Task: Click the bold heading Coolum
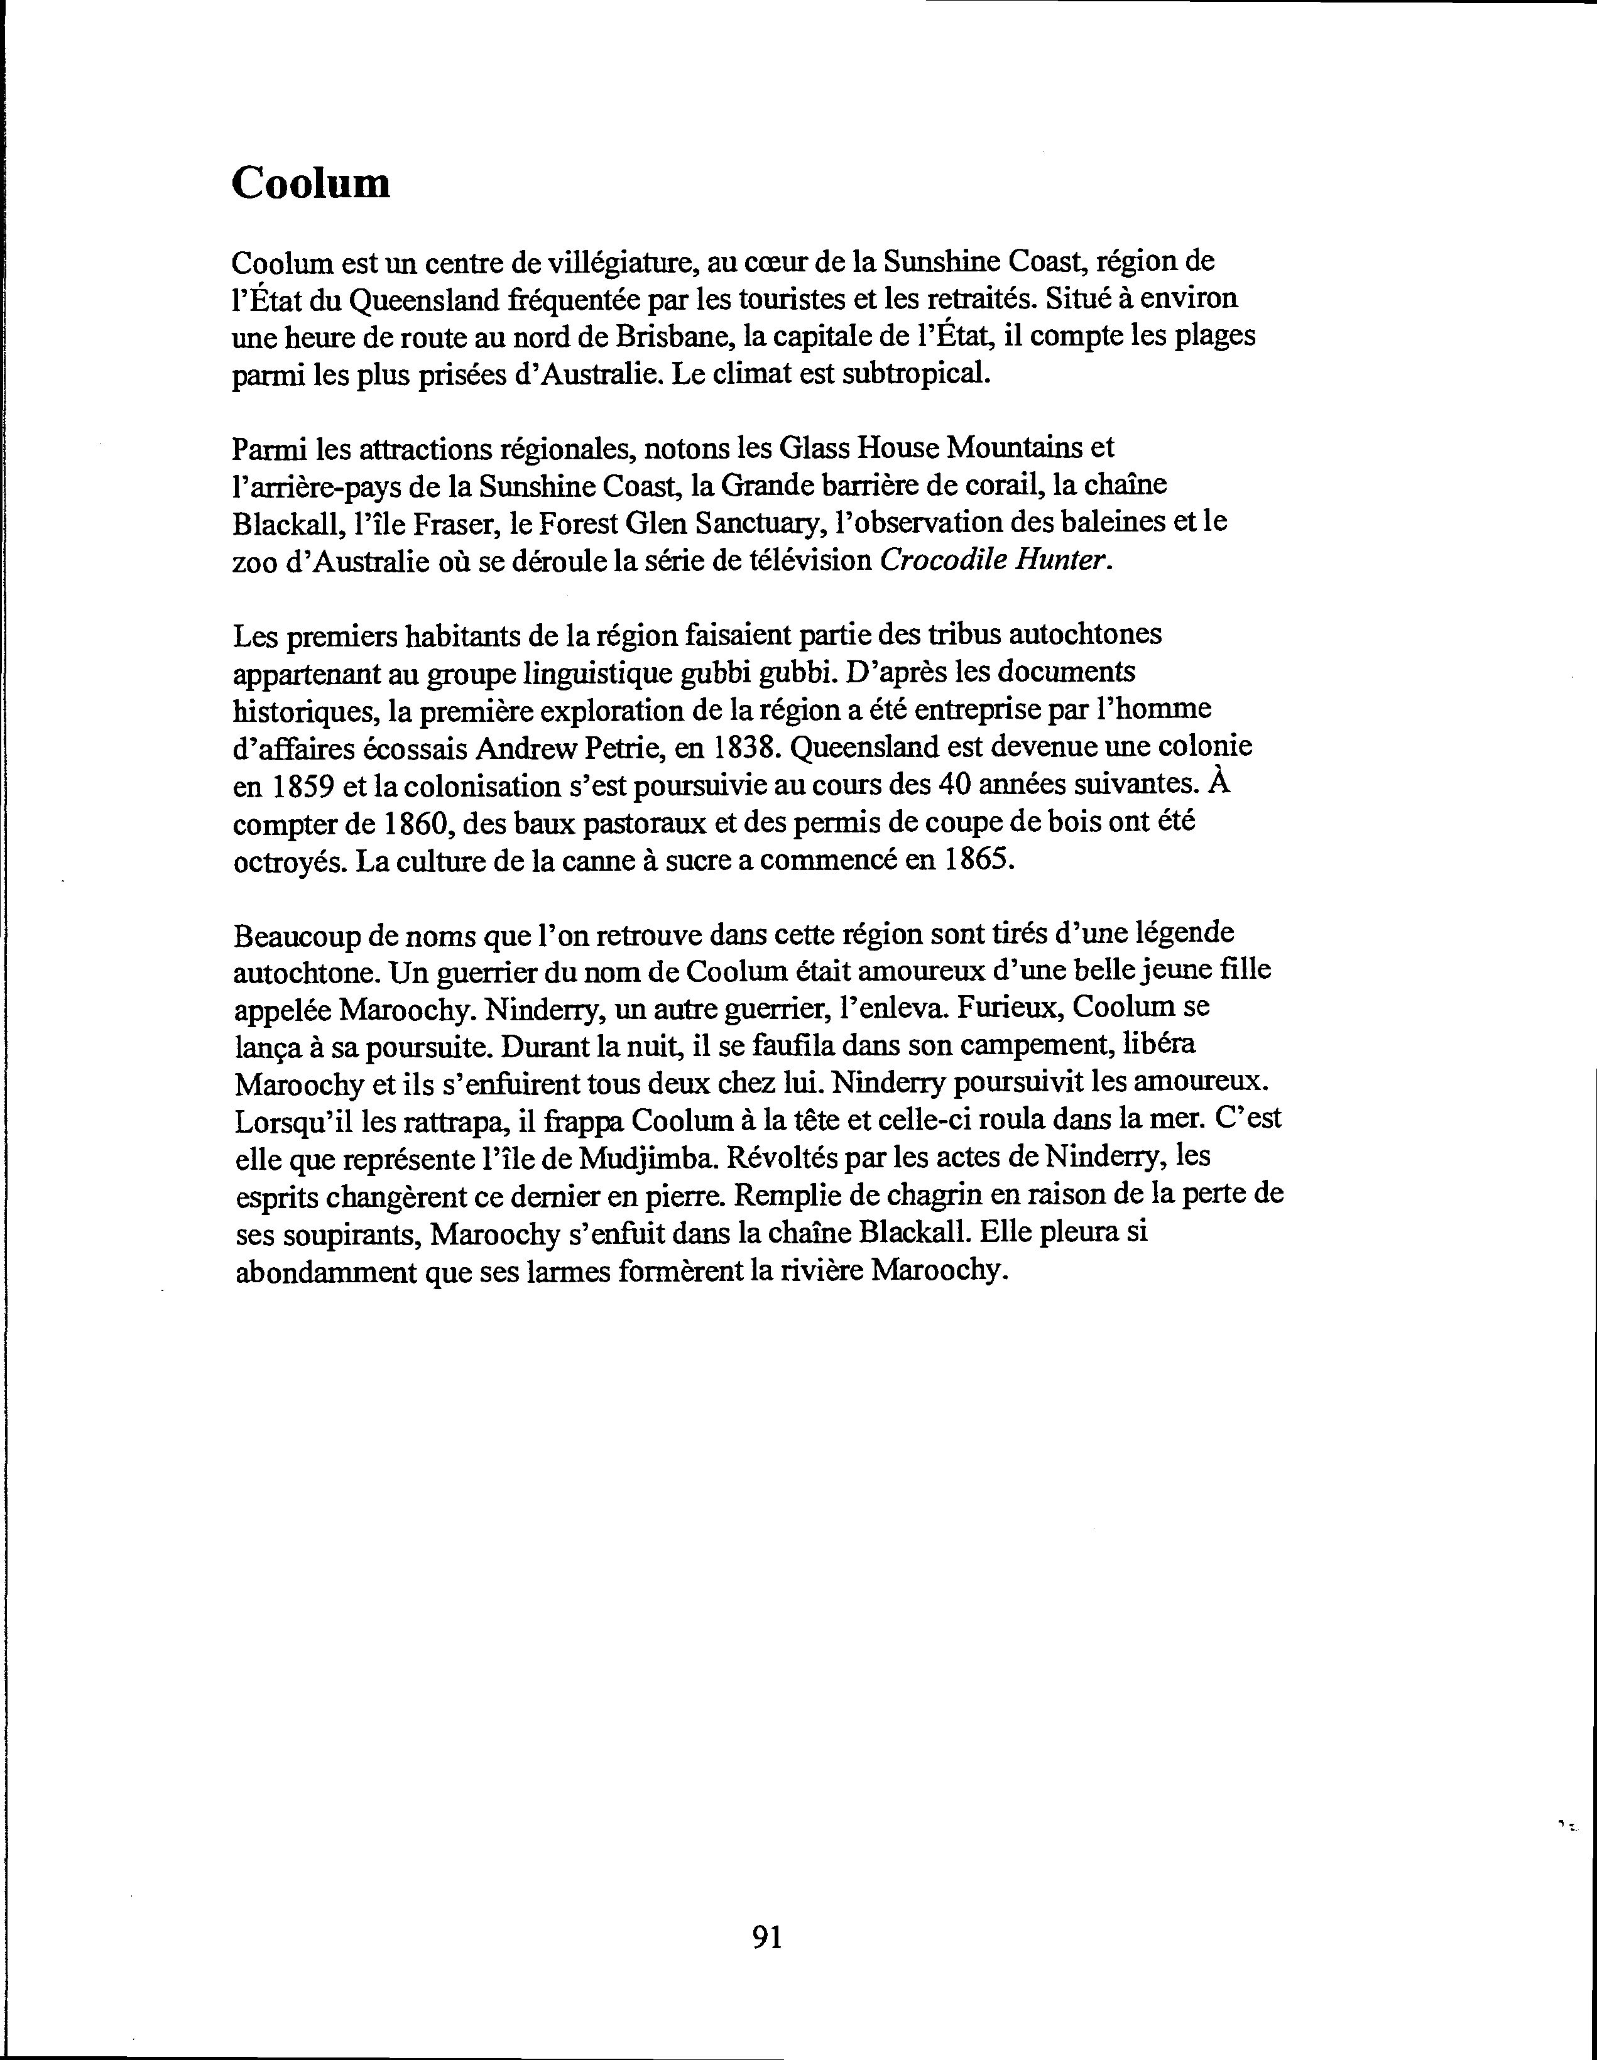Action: (310, 183)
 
